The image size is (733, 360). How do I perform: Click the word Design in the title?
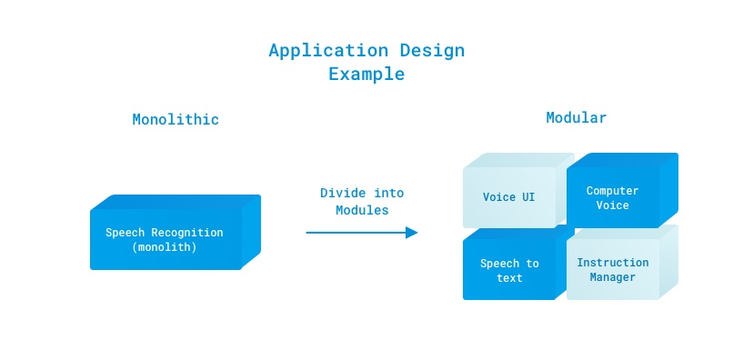click(432, 50)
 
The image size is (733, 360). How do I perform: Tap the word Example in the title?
click(366, 75)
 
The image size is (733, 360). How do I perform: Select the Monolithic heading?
click(176, 119)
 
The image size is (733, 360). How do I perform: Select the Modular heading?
click(576, 117)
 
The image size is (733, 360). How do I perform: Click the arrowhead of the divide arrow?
click(411, 233)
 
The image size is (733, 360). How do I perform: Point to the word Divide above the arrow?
click(338, 193)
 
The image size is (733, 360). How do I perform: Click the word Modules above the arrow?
click(362, 210)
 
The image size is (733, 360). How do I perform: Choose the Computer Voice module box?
click(622, 190)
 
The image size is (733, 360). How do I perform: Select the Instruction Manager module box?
click(622, 263)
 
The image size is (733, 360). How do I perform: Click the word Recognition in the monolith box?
click(187, 233)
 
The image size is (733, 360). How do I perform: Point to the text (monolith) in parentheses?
click(164, 247)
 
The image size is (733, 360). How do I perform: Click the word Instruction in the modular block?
click(612, 263)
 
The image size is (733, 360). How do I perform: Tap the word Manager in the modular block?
click(612, 277)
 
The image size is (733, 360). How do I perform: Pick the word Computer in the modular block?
click(612, 191)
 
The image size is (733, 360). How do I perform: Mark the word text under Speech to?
click(509, 278)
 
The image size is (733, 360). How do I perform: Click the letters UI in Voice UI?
click(527, 197)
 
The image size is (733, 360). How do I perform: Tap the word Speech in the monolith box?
click(125, 233)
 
